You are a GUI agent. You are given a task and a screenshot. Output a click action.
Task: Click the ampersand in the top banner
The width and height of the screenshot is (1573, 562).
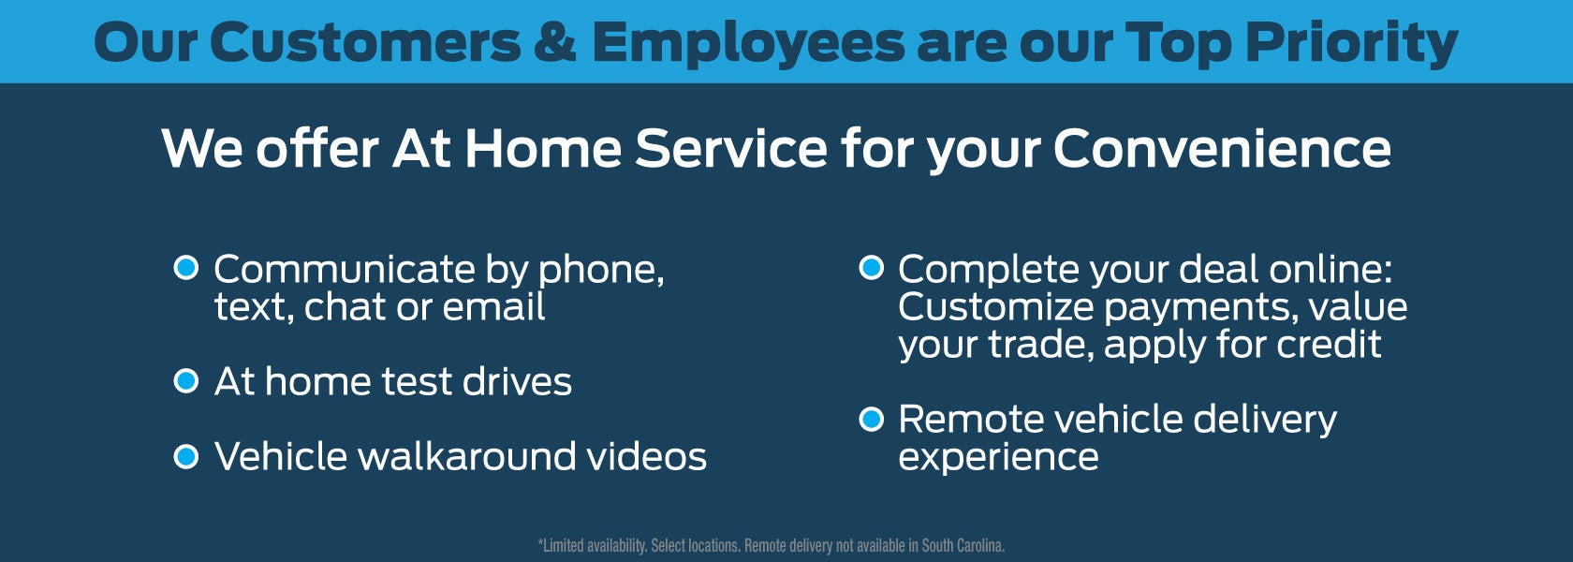coord(554,42)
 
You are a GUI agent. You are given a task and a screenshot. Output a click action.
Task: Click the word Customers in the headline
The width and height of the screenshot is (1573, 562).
coord(365,42)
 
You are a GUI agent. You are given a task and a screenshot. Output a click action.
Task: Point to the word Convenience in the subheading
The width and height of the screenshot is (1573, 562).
coord(1222,148)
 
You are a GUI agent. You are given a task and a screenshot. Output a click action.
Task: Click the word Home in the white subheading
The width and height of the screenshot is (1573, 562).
coord(543,148)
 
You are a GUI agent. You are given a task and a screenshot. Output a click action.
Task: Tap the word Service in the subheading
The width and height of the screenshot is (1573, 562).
coord(731,148)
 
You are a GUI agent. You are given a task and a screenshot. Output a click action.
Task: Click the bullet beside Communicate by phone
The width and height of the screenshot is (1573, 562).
coord(186,268)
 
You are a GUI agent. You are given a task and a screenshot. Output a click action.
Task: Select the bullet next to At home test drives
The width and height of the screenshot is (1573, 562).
coord(186,380)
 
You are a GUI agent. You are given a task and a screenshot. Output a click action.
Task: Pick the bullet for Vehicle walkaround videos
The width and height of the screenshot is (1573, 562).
coord(186,457)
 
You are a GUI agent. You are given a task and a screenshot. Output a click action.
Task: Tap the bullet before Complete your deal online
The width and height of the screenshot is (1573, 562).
coord(871,268)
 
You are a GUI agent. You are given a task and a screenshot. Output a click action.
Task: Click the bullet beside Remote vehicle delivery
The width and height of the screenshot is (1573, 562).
coord(871,420)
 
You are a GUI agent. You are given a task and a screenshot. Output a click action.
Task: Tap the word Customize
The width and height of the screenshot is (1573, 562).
coord(996,307)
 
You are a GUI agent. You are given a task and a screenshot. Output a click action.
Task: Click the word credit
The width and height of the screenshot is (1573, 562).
coord(1329,345)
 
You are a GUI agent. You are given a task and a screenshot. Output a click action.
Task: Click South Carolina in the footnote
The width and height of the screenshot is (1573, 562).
coord(963,546)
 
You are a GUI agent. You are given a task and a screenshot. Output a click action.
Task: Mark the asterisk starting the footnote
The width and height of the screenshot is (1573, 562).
coord(541,542)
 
